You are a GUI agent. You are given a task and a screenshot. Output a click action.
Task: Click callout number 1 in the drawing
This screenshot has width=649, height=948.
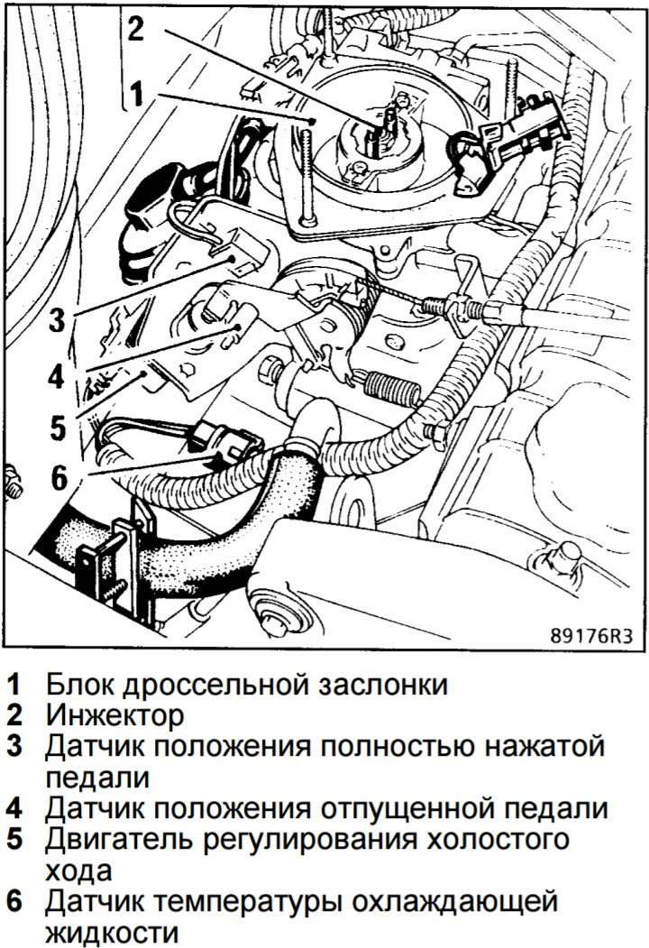[x=137, y=94]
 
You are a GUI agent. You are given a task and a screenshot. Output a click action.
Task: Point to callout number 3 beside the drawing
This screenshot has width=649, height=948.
[x=57, y=318]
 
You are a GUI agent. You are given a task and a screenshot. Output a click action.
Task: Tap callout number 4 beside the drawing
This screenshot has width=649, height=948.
[x=56, y=376]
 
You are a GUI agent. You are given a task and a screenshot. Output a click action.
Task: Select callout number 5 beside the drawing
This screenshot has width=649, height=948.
[x=58, y=427]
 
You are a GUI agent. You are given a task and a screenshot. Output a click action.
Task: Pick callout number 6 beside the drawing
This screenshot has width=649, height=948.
[x=60, y=478]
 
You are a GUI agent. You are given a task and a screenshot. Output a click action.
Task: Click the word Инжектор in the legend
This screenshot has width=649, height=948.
[x=114, y=715]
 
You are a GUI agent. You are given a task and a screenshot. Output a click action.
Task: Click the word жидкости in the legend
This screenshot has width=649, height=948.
[x=113, y=934]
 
